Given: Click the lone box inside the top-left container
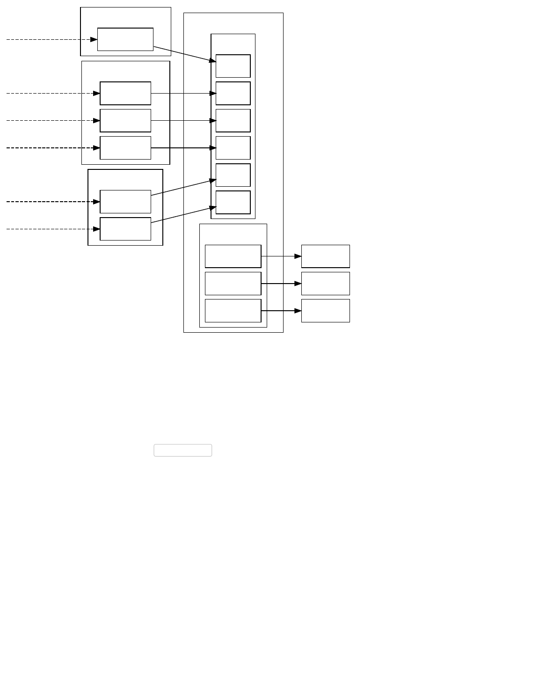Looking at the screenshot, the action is pos(125,39).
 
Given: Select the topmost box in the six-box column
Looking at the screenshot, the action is pos(233,66).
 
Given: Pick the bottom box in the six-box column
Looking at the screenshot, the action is pos(233,202).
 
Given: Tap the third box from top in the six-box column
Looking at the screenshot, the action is pos(233,121).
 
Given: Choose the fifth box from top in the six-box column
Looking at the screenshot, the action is pos(233,175).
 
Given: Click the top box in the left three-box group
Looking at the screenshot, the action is pos(125,93).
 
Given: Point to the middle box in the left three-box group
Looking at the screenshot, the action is pos(125,121).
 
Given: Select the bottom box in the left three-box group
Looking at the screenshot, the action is pos(125,148).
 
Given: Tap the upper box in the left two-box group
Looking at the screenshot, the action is pos(125,202).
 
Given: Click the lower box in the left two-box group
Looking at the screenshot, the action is pos(125,229).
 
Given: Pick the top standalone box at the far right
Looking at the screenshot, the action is pos(326,256).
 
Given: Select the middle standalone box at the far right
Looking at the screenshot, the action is pos(326,284).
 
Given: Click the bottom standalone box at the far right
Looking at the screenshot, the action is pos(326,311).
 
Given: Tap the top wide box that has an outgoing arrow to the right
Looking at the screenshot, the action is pos(233,256).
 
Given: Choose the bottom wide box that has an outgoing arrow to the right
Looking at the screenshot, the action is pos(233,311).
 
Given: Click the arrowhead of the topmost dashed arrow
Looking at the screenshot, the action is pos(94,39).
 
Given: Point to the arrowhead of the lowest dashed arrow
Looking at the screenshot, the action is pos(97,229).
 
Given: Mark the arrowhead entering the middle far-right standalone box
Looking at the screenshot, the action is pos(298,284).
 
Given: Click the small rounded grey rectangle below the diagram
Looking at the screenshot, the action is pos(183,450).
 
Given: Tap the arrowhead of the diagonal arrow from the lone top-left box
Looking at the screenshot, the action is pos(212,60).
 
